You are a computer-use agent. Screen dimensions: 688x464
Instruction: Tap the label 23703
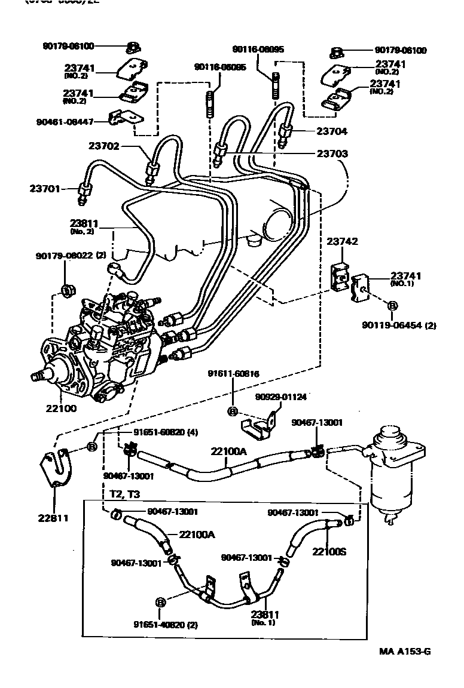point(332,153)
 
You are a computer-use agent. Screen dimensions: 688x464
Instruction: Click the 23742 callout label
point(342,241)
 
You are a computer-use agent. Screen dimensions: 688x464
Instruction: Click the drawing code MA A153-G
point(404,651)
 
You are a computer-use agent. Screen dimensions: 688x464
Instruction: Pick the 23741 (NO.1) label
point(406,279)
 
